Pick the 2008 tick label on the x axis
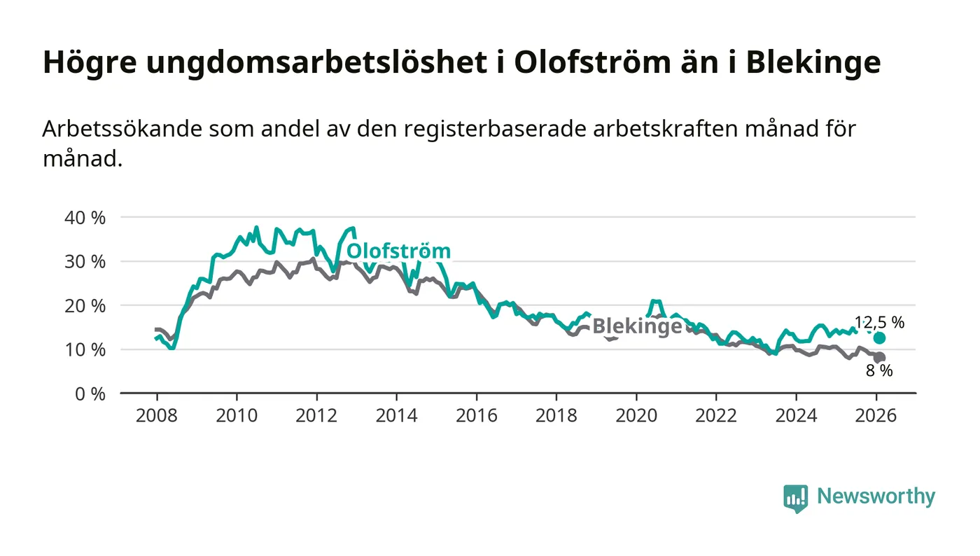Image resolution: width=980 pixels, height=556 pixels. pyautogui.click(x=157, y=415)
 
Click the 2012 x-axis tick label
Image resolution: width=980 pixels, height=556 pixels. pyautogui.click(x=316, y=415)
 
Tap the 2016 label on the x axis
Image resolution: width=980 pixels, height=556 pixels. pyautogui.click(x=476, y=415)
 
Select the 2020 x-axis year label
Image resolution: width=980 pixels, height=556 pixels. pyautogui.click(x=636, y=415)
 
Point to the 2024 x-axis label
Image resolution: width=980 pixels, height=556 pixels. pyautogui.click(x=796, y=415)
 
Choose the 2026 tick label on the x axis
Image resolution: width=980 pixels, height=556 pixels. pyautogui.click(x=876, y=415)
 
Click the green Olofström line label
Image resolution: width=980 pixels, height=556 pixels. pyautogui.click(x=398, y=251)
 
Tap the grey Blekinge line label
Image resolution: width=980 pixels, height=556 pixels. pyautogui.click(x=636, y=326)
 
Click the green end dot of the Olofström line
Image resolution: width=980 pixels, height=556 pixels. pyautogui.click(x=879, y=338)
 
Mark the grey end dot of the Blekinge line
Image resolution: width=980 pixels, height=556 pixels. pyautogui.click(x=880, y=358)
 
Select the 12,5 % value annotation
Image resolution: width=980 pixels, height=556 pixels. pyautogui.click(x=879, y=323)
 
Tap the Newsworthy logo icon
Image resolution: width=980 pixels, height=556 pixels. pyautogui.click(x=795, y=498)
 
